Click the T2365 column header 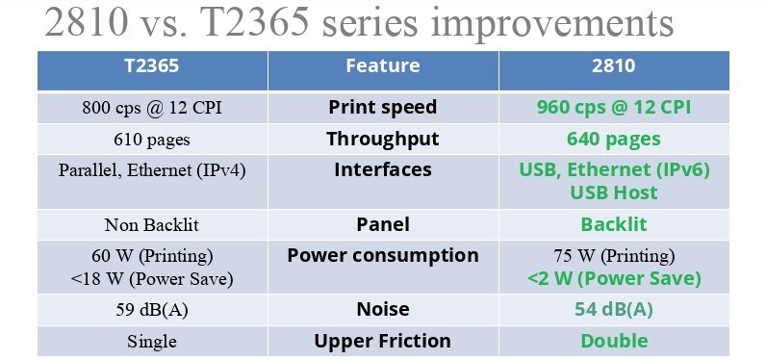[x=152, y=66]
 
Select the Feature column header [x=382, y=66]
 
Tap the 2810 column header [x=613, y=66]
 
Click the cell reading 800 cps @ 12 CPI [x=152, y=108]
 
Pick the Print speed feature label [x=382, y=107]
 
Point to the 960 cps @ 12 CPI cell [x=613, y=107]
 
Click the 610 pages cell [x=152, y=140]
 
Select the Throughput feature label [x=382, y=139]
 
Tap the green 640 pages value [x=613, y=139]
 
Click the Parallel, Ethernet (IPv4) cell [x=152, y=170]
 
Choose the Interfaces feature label [x=382, y=169]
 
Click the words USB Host [x=613, y=193]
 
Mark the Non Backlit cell [x=152, y=225]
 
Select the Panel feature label [x=382, y=224]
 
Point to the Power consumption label [x=382, y=255]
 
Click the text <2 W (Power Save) [x=613, y=279]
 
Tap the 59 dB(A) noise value [x=152, y=310]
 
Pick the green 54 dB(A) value [x=613, y=309]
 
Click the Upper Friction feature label [x=382, y=341]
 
